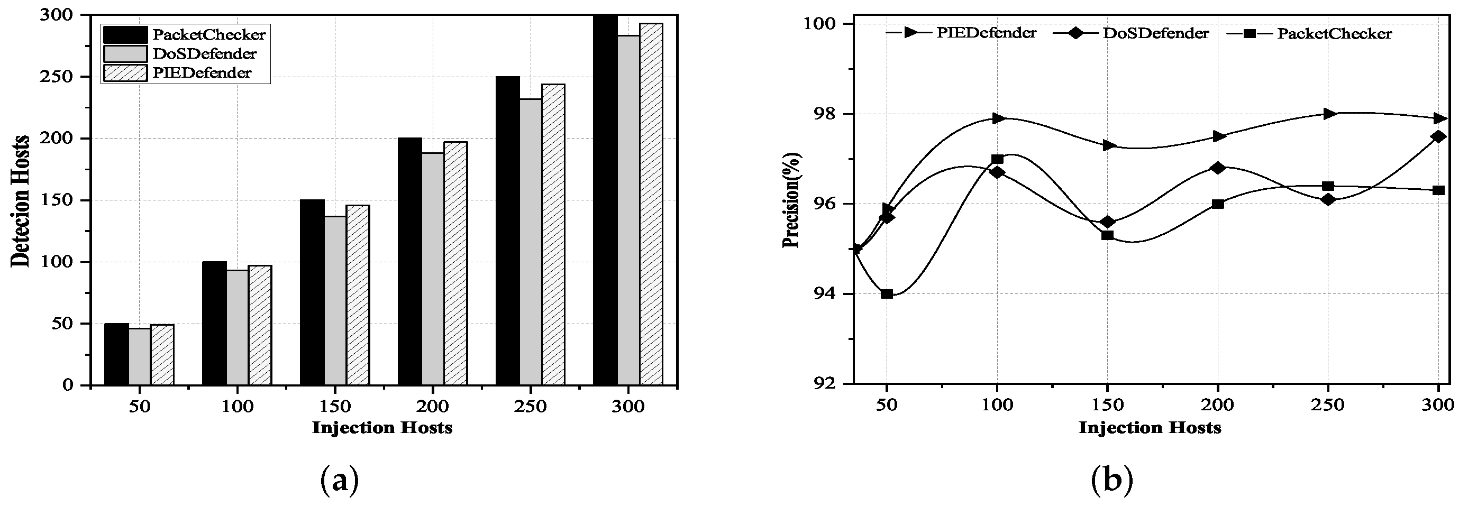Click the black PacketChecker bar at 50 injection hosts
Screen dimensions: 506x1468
(116, 354)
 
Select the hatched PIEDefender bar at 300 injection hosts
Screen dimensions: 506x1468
(651, 205)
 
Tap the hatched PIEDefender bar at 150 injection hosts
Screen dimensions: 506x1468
(358, 295)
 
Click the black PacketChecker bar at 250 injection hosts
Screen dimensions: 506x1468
(507, 231)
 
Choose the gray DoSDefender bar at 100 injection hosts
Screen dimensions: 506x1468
(237, 327)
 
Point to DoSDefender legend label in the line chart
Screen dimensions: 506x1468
(1156, 33)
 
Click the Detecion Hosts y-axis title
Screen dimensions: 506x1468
(21, 200)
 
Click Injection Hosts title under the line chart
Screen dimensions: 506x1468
(1150, 427)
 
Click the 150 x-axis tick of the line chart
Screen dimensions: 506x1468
(1107, 405)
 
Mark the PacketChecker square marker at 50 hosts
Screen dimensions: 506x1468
(886, 294)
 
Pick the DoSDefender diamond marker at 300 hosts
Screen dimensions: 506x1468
(1438, 137)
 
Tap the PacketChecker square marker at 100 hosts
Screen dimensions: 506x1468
(997, 159)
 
